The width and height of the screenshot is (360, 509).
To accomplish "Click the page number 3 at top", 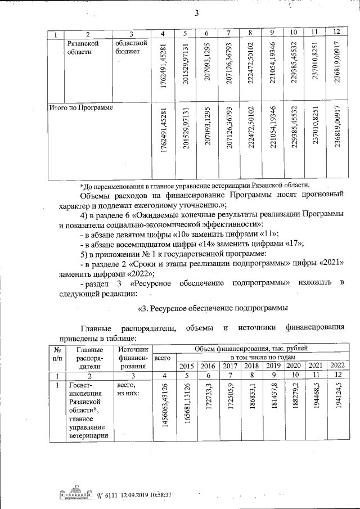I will coord(197,14).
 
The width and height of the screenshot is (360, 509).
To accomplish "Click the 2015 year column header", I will coord(186,366).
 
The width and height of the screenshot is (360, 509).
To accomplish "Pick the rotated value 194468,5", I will coord(318,404).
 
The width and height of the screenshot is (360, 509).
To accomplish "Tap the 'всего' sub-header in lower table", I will coord(163,358).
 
